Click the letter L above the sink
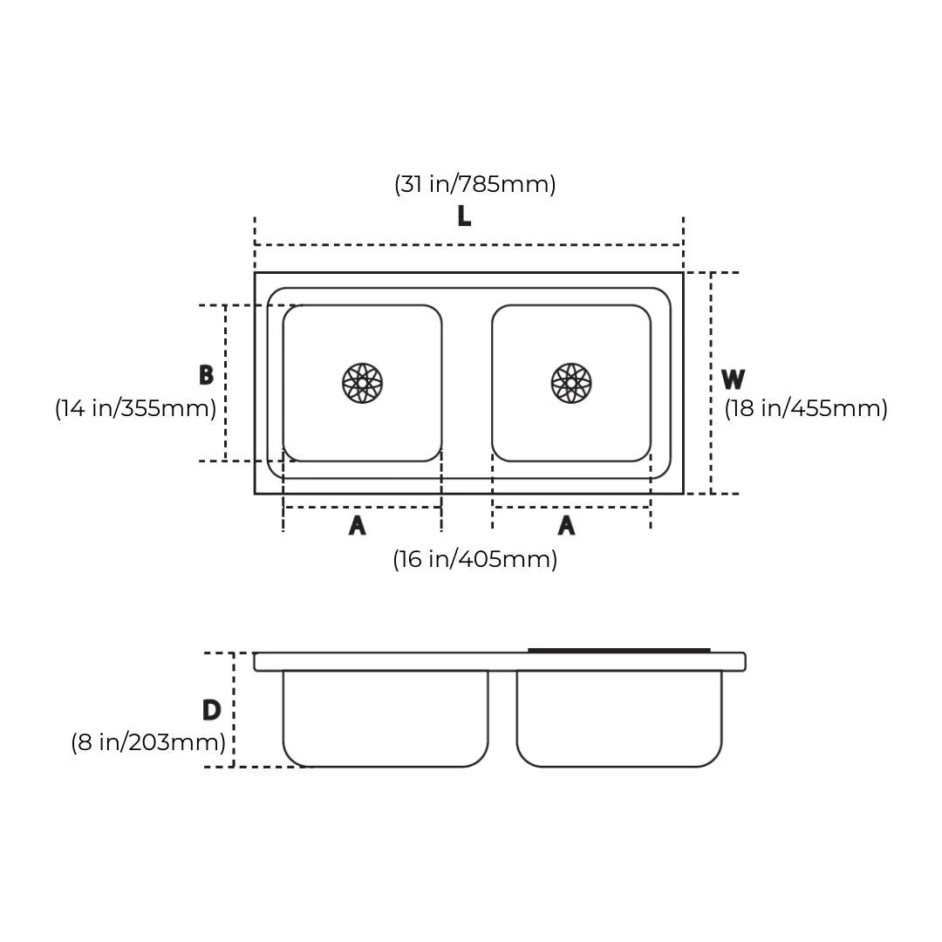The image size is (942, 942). (x=464, y=216)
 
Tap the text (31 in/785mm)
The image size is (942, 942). (x=474, y=184)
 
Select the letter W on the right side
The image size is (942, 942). (x=733, y=380)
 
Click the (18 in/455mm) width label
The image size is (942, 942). (x=806, y=408)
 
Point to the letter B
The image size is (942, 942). (x=206, y=376)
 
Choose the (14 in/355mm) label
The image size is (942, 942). (x=135, y=408)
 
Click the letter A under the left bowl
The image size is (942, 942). (x=357, y=526)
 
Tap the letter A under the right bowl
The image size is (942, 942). (x=566, y=526)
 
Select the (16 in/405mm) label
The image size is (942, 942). (x=474, y=559)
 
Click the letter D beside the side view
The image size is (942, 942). (x=211, y=711)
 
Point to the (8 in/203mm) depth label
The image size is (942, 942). (x=148, y=742)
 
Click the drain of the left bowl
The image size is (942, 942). (x=362, y=383)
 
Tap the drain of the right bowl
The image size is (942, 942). (x=571, y=383)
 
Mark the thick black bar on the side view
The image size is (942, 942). (x=618, y=650)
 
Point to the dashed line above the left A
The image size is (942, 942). (x=362, y=507)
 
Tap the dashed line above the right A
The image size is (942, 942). (x=571, y=507)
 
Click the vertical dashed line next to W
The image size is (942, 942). (x=711, y=383)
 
